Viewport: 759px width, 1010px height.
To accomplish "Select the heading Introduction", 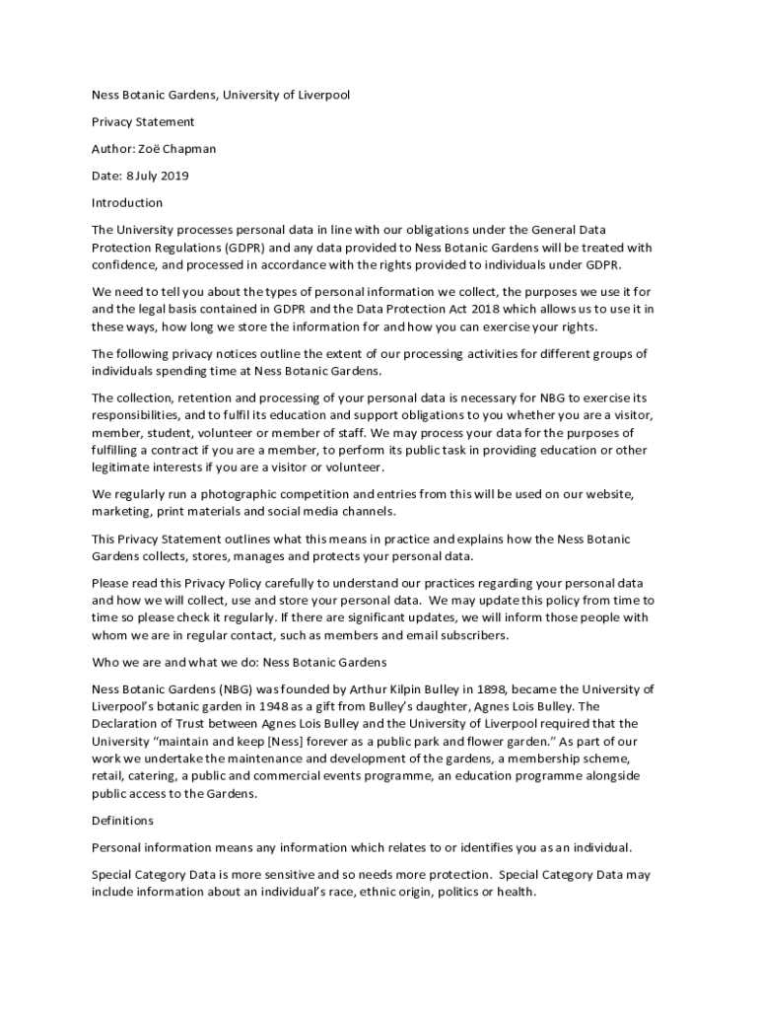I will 127,202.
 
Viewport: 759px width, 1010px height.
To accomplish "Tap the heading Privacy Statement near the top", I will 143,122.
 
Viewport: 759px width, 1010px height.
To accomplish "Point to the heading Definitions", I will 122,821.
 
